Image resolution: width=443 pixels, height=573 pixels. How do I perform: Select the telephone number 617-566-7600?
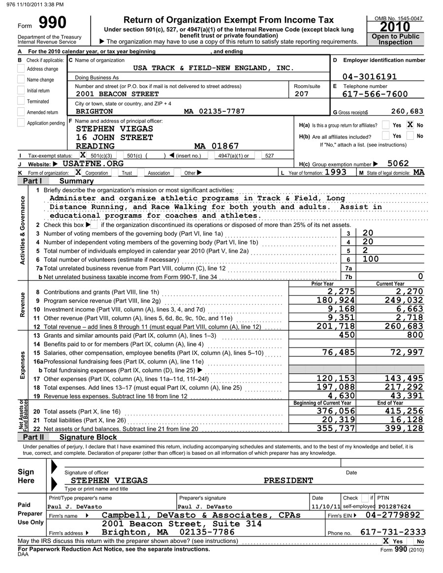pyautogui.click(x=375, y=94)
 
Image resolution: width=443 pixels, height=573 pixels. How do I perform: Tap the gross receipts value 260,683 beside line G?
pyautogui.click(x=407, y=111)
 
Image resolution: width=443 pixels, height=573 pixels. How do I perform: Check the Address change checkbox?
pyautogui.click(x=21, y=69)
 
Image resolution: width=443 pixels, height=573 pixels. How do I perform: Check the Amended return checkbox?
pyautogui.click(x=21, y=112)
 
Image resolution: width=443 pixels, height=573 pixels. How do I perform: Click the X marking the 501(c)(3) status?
pyautogui.click(x=83, y=156)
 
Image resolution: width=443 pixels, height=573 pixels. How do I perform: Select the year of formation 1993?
pyautogui.click(x=336, y=172)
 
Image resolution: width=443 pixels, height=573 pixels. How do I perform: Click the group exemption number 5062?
pyautogui.click(x=398, y=163)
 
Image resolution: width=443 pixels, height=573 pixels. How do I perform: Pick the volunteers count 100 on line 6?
pyautogui.click(x=371, y=259)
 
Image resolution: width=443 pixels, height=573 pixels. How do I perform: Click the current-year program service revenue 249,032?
pyautogui.click(x=403, y=300)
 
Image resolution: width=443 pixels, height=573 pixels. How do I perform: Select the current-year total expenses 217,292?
pyautogui.click(x=403, y=387)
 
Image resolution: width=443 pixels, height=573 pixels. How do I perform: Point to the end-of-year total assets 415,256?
pyautogui.click(x=403, y=411)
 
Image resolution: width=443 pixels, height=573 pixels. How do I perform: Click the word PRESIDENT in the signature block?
pyautogui.click(x=288, y=480)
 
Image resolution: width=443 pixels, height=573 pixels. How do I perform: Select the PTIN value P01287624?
pyautogui.click(x=394, y=507)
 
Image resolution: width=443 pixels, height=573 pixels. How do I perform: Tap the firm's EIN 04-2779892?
pyautogui.click(x=394, y=515)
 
